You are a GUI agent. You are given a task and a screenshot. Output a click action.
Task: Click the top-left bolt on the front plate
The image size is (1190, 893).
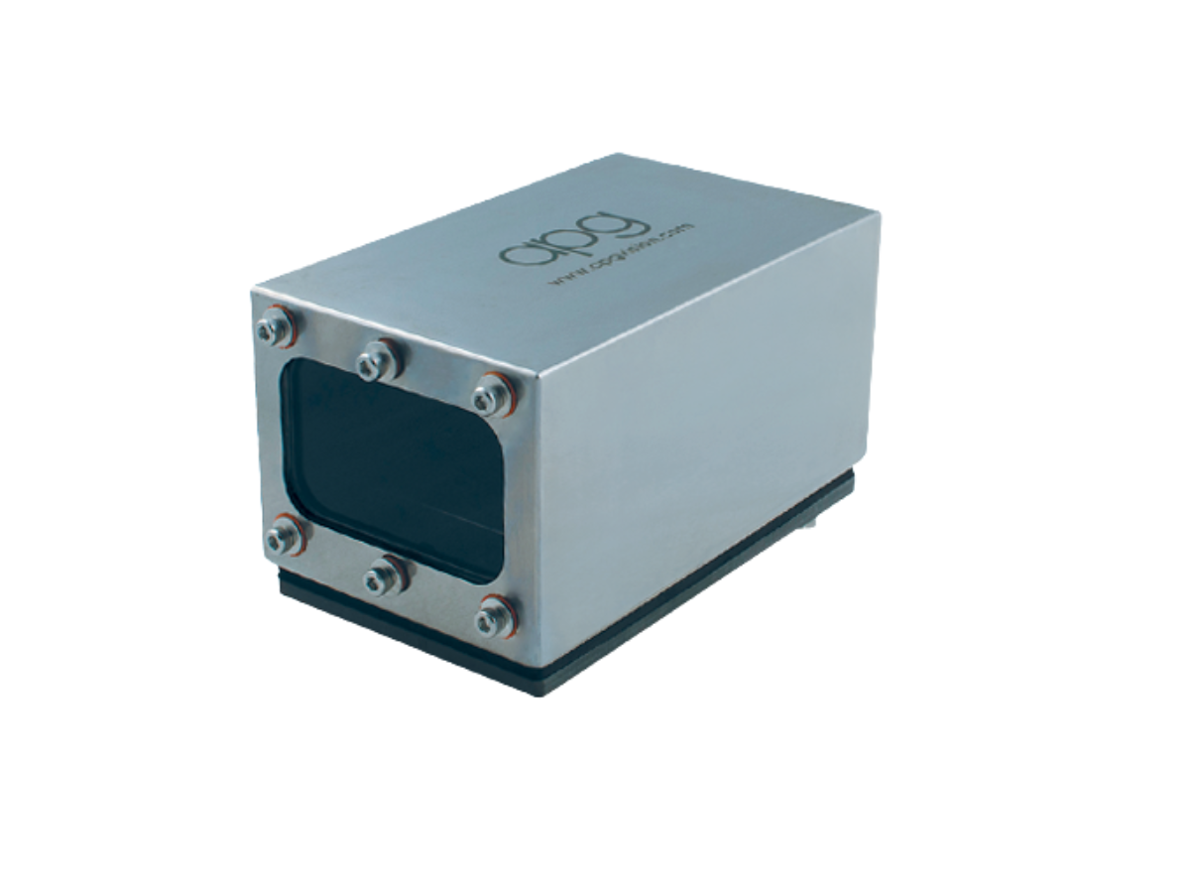point(275,326)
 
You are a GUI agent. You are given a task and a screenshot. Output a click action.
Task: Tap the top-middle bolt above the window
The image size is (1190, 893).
point(379,358)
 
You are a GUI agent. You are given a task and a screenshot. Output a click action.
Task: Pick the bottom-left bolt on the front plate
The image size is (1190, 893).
point(285,536)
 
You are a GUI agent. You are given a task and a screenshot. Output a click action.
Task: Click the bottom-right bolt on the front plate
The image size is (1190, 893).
point(495,617)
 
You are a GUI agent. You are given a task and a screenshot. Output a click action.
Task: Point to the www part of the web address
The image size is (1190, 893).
point(563,279)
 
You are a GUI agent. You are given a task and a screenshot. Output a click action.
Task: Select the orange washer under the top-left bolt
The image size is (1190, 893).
point(289,319)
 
